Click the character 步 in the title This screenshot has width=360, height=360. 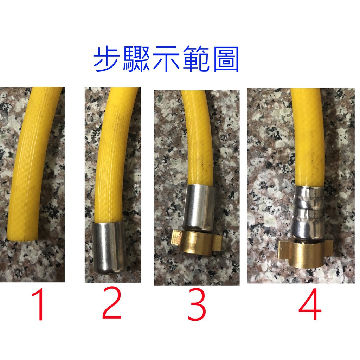click(x=107, y=59)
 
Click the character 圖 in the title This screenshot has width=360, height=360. click(x=226, y=59)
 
